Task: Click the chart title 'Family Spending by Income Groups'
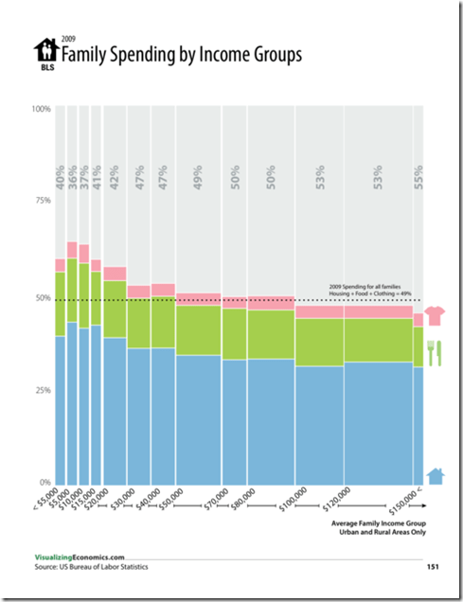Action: pyautogui.click(x=181, y=55)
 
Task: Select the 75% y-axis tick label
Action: pyautogui.click(x=43, y=202)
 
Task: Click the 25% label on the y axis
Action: pyautogui.click(x=43, y=390)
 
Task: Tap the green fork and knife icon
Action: pyautogui.click(x=435, y=352)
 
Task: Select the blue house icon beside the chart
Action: pyautogui.click(x=435, y=475)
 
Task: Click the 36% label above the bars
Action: pyautogui.click(x=72, y=177)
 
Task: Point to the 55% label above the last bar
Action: pyautogui.click(x=418, y=177)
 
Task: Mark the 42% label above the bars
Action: pyautogui.click(x=115, y=177)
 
